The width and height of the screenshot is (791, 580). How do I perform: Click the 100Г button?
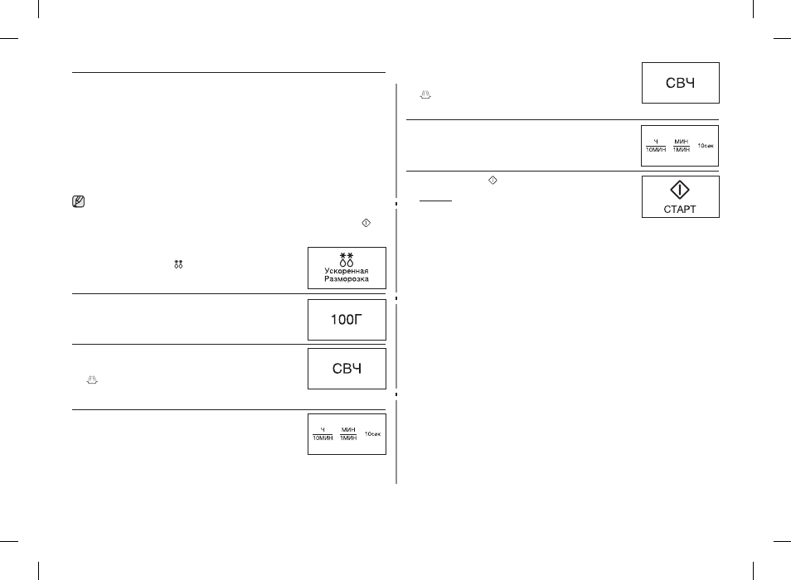coord(347,320)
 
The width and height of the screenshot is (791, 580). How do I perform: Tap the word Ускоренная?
coord(347,271)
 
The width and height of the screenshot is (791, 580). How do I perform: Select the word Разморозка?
coord(347,278)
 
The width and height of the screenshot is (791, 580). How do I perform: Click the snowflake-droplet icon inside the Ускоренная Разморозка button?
coord(347,259)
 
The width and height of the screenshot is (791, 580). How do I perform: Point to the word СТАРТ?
coord(680,209)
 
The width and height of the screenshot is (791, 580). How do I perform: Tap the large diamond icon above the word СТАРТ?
coord(680,190)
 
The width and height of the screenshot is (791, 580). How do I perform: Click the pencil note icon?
coord(78,201)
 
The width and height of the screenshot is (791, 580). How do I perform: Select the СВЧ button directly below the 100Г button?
coord(347,369)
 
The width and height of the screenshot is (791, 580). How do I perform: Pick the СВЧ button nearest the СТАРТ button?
coord(680,83)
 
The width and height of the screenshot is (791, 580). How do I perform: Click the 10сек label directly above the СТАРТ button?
coord(706,146)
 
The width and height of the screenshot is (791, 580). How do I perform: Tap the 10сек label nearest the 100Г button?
coord(373,434)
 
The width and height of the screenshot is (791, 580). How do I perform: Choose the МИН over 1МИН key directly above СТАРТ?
coord(681,146)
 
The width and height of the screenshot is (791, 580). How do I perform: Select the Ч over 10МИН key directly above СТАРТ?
coord(656,146)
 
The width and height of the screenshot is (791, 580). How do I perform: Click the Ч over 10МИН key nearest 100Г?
coord(323,434)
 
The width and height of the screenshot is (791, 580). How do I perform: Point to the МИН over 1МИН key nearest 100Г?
coord(348,434)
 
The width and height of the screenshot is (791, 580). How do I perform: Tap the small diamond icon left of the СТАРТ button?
coord(493,180)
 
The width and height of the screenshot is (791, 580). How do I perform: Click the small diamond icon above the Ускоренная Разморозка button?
coord(366,223)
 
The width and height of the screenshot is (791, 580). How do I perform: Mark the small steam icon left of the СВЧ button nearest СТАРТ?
coord(425,94)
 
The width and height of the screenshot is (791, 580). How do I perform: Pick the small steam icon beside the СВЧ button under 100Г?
coord(92,380)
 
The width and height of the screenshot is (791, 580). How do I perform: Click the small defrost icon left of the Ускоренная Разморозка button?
coord(178,264)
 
